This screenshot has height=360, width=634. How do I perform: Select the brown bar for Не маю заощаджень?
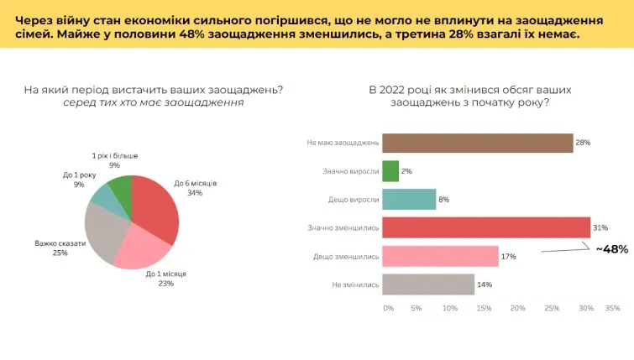[477, 143]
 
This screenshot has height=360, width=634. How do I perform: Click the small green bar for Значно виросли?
[390, 171]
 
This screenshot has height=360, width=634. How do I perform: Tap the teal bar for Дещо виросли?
[409, 200]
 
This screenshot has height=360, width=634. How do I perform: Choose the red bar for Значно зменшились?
[486, 227]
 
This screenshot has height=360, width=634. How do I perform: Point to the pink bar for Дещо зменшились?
[440, 256]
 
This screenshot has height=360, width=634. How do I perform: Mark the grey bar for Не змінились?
[428, 284]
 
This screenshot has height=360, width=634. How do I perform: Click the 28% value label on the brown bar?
[583, 143]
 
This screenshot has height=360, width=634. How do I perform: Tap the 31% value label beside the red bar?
[600, 228]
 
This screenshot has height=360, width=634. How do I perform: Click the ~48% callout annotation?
[611, 249]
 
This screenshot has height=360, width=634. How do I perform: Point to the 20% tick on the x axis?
[518, 308]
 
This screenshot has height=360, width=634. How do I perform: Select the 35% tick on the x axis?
[612, 308]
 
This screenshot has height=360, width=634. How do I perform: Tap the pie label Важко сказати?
[60, 244]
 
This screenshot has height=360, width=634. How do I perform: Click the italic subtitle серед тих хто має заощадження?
[152, 102]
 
